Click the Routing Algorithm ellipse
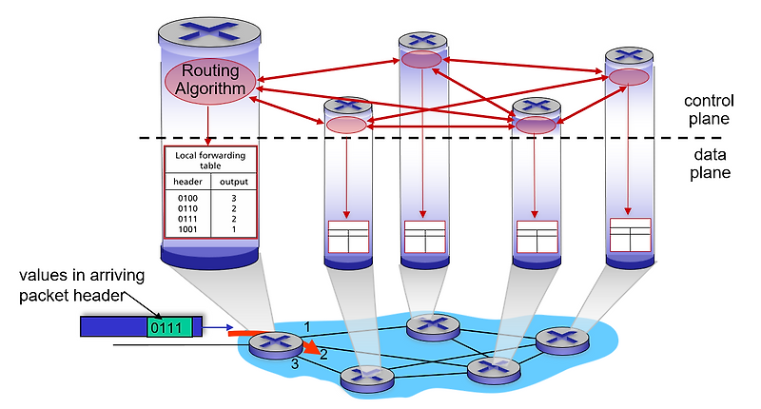coord(210,81)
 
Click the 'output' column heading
coord(234,182)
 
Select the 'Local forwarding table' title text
coord(210,159)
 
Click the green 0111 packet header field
coord(169,327)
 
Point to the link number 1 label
coord(306,326)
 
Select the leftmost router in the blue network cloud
coord(270,346)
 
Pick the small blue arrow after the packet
coord(216,328)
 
